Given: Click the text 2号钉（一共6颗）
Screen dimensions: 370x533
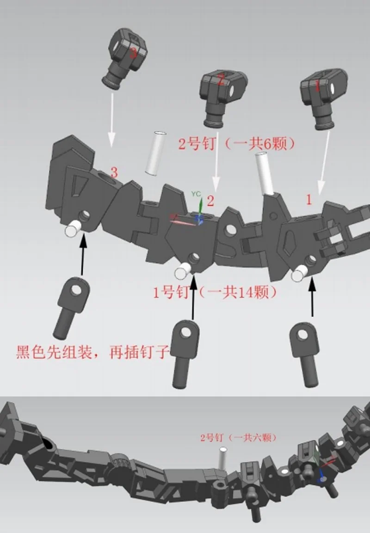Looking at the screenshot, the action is pos(236,144).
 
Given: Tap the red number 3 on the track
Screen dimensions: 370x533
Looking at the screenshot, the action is pos(114,173).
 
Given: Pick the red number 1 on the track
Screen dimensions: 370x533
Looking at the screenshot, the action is pos(309,200).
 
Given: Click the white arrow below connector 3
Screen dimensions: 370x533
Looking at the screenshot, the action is pos(111,120).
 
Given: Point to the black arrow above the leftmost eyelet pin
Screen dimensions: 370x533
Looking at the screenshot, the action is pos(83,254).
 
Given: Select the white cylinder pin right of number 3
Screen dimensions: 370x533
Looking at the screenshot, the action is pos(155,153).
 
